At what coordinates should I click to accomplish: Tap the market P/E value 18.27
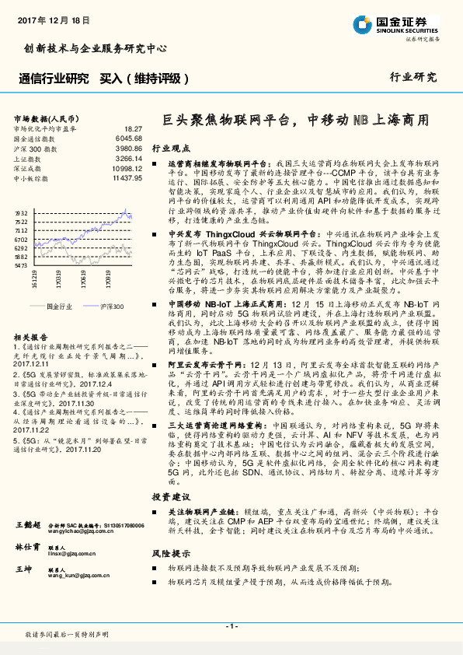(x=133, y=128)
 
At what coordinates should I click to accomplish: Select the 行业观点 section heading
(x=169, y=147)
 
